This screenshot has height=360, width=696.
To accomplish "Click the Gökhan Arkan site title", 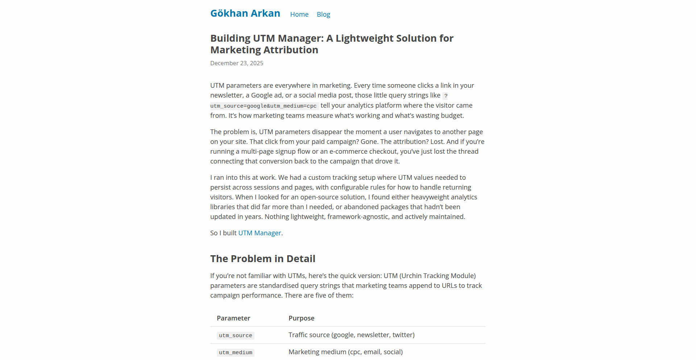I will click(245, 13).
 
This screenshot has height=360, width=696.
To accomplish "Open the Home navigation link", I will click(299, 15).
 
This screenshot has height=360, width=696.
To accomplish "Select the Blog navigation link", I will click(323, 15).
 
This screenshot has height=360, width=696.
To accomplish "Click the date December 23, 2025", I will click(237, 63).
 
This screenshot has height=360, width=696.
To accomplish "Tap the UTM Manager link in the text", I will click(260, 233).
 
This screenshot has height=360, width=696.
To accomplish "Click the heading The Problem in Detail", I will click(262, 259).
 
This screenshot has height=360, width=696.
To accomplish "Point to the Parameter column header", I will click(233, 318).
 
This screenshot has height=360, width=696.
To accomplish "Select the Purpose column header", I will click(301, 318).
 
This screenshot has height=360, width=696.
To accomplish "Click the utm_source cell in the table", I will click(235, 336).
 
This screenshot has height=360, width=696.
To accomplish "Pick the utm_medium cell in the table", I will click(235, 353).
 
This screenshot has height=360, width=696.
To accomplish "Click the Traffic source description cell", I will click(351, 335).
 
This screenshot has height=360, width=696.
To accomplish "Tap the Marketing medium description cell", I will click(345, 352).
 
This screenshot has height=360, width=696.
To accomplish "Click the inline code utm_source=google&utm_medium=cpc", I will click(264, 106).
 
